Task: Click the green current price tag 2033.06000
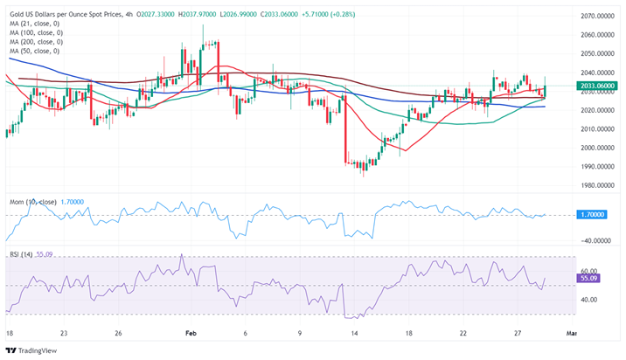pos(595,86)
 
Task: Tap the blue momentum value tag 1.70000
pos(592,214)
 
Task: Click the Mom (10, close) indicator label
pos(33,202)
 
